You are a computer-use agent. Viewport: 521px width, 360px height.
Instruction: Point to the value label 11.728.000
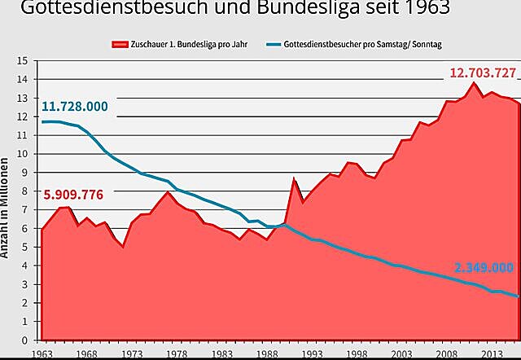pyautogui.click(x=74, y=108)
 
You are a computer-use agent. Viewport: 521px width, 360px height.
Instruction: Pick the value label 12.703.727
pyautogui.click(x=483, y=72)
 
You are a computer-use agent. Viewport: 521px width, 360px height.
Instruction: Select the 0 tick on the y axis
pyautogui.click(x=25, y=340)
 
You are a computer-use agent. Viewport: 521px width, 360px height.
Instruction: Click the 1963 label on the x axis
pyautogui.click(x=41, y=354)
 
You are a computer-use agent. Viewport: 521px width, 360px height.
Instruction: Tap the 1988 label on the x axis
pyautogui.click(x=266, y=354)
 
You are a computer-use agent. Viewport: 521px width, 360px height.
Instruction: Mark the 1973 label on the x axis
pyautogui.click(x=131, y=354)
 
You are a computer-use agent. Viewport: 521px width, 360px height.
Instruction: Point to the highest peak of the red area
pyautogui.click(x=474, y=82)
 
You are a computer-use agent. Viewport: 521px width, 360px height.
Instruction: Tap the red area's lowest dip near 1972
pyautogui.click(x=123, y=246)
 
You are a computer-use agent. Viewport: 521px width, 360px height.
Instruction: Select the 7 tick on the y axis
pyautogui.click(x=25, y=210)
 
